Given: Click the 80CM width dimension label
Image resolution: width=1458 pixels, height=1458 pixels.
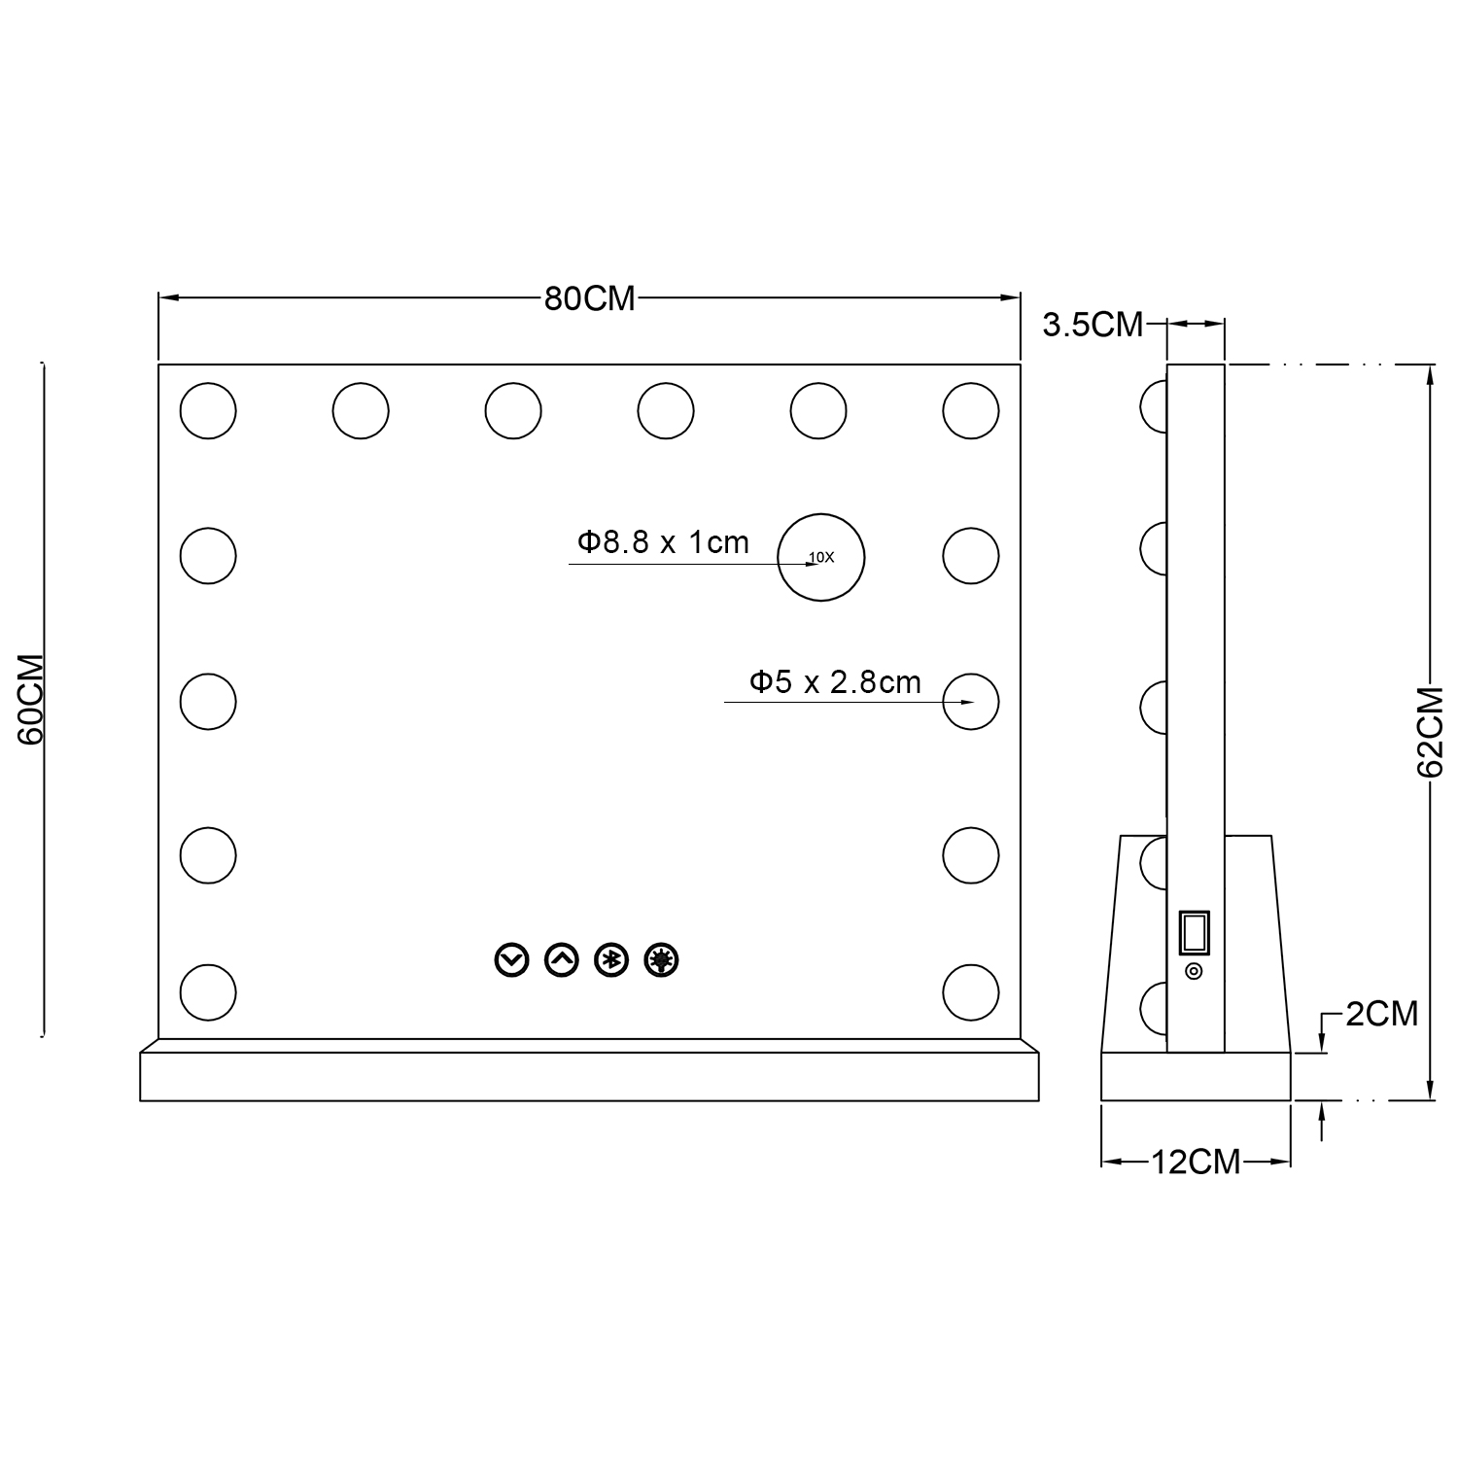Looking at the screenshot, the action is coord(589,298).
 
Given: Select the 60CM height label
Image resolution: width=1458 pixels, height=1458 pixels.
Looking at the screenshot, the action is coord(31,700).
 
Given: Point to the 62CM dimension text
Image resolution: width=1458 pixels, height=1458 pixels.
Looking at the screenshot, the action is coord(1430,732).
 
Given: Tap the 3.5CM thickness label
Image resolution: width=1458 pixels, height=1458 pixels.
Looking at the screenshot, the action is coord(1093,325).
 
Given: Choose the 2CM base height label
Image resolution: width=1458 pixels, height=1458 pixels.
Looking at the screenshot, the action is coord(1382,1014).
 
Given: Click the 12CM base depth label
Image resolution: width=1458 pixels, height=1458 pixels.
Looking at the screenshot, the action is coord(1196,1161).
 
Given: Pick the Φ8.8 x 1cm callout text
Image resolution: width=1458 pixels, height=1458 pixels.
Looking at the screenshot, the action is coord(664,541).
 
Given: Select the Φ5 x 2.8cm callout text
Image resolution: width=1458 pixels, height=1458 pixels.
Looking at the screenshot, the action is coord(835,682).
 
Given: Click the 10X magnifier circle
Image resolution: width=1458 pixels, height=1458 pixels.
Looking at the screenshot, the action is coord(821,515).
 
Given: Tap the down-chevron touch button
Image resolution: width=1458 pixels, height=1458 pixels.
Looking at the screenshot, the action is coord(510,960).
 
